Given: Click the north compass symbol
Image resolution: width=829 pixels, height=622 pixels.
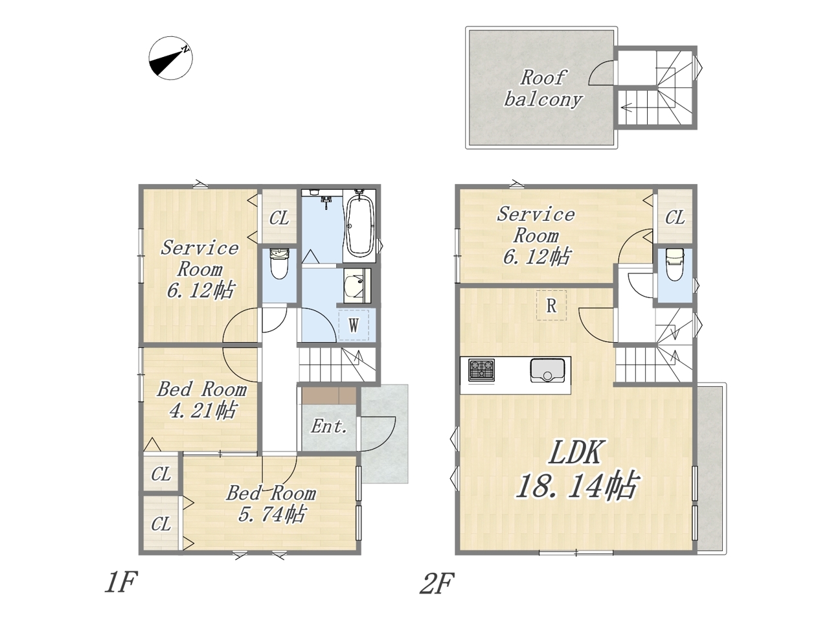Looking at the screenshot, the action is point(170,58).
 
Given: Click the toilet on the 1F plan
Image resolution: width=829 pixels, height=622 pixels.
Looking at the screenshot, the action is point(280,263).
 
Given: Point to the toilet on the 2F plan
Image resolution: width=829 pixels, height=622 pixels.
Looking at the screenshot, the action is point(675,264).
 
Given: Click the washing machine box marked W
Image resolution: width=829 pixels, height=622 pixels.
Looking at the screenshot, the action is point(354,325).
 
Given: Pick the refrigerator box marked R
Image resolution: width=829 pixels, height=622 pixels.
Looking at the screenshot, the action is point(551,305).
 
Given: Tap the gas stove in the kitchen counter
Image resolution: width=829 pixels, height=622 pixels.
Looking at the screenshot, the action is point(482,370).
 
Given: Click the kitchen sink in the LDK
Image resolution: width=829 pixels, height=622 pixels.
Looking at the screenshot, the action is point(547,370).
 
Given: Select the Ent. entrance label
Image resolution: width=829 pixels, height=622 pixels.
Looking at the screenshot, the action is point(329,426).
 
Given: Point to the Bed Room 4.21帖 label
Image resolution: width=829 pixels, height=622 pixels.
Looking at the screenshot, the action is point(202,400).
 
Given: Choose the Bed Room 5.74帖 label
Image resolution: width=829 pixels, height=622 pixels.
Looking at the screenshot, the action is point(271,503).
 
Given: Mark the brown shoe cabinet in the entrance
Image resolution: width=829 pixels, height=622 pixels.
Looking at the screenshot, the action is point(329,395).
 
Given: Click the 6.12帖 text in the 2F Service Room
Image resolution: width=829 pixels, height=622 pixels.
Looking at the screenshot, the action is point(536,257).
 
